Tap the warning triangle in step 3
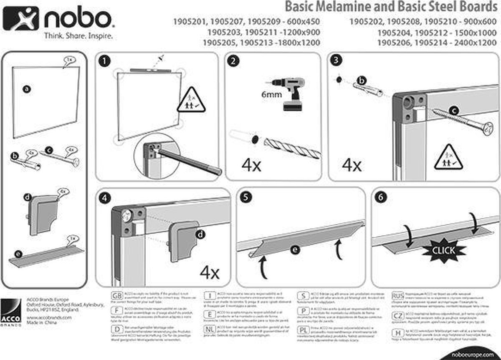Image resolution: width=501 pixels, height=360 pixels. [448, 157]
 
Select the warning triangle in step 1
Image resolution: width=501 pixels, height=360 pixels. [191, 100]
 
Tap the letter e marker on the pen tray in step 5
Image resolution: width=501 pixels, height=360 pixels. [295, 250]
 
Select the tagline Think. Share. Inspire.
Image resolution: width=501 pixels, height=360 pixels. [79, 36]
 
